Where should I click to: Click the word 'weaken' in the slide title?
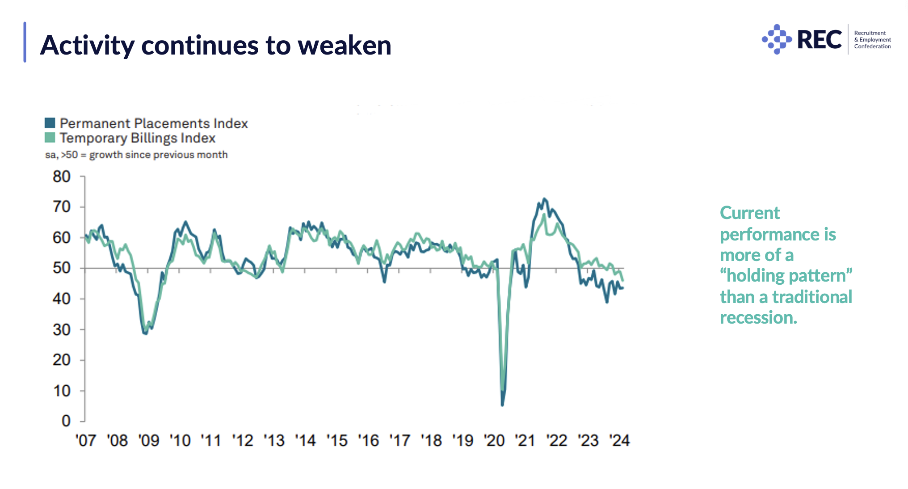tap(344, 46)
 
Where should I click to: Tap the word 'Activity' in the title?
tap(87, 46)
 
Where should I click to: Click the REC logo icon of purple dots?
tap(777, 39)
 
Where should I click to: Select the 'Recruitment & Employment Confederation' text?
tap(872, 40)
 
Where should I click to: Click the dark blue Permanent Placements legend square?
tap(50, 123)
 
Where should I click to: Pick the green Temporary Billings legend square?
tap(50, 138)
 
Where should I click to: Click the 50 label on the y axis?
tap(62, 268)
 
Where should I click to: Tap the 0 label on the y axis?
tap(66, 421)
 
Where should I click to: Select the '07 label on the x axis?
tap(85, 441)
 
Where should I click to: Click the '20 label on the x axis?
tap(494, 441)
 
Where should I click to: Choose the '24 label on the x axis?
tap(619, 441)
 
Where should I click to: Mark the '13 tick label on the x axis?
tap(274, 441)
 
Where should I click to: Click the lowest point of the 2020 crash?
tap(503, 405)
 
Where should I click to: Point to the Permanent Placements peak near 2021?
tap(544, 199)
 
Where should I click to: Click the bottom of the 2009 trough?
tap(145, 333)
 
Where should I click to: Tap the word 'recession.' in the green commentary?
tap(758, 318)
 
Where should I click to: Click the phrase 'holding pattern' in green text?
tap(786, 276)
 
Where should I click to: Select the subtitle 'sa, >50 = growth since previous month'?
tap(136, 155)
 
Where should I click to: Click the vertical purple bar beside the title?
tap(25, 42)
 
